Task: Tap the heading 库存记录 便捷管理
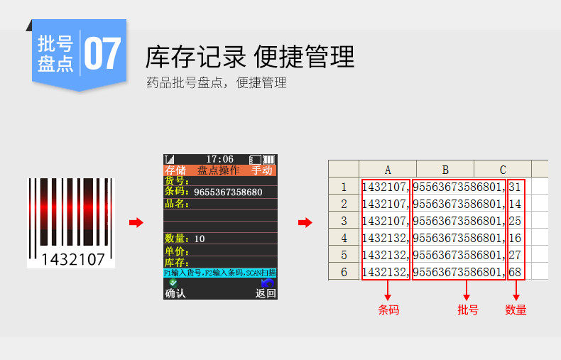click(x=249, y=55)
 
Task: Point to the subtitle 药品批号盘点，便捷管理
click(x=216, y=82)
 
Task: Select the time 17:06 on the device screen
click(x=219, y=159)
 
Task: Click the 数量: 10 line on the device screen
click(x=185, y=239)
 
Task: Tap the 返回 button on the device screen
click(x=266, y=293)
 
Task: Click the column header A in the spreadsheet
click(x=388, y=170)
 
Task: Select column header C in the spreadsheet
click(x=503, y=170)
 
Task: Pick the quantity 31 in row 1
click(x=516, y=187)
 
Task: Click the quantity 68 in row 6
click(x=516, y=272)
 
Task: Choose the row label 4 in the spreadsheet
click(x=344, y=238)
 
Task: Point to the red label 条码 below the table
click(x=388, y=310)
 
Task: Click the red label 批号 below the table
click(x=467, y=310)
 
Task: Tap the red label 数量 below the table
click(x=516, y=310)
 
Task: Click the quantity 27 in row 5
click(x=516, y=255)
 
